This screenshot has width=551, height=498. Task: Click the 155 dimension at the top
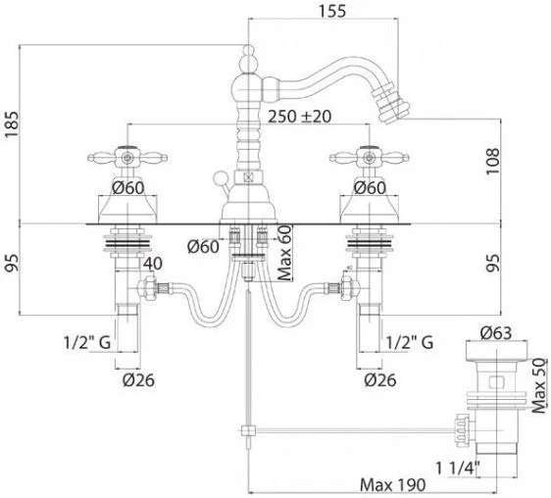coord(332,11)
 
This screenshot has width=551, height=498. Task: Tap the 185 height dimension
coord(11,125)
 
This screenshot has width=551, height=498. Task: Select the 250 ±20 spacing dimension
coord(299,117)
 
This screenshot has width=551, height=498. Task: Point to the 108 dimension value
coord(492,161)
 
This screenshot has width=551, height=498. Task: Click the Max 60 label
coord(285,253)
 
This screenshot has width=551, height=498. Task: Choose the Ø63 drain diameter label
coord(496,333)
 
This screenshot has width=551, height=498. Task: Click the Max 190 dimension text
coord(392,485)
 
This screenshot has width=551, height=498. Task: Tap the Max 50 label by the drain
coord(539,385)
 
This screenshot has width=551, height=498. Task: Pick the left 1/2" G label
coord(87,341)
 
